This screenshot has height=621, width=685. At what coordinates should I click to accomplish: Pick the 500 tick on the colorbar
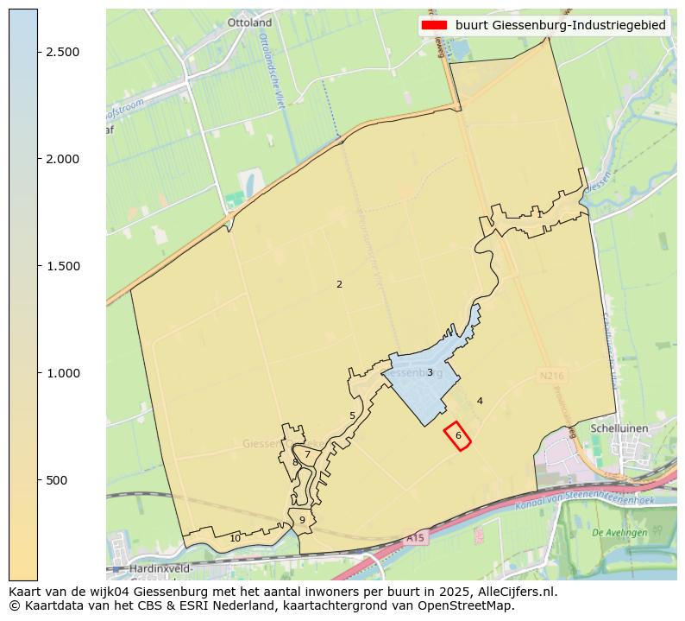coord(56,480)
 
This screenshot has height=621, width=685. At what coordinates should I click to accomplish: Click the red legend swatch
coord(434,25)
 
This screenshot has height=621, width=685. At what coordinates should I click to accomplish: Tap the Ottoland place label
coord(249,22)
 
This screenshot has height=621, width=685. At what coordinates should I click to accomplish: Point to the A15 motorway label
coord(416,538)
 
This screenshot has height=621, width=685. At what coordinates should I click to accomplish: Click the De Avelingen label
coord(619,533)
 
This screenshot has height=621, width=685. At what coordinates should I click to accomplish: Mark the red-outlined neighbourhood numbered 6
coord(458,436)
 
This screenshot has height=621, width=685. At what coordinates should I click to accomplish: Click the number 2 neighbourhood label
coord(339,284)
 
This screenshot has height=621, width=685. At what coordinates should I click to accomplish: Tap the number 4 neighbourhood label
coord(480,401)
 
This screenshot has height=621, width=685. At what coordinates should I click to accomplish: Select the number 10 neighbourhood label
coord(235,538)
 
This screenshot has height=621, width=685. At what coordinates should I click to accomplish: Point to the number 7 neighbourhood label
coord(307,454)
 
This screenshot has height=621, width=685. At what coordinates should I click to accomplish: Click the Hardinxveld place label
coord(163,569)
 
